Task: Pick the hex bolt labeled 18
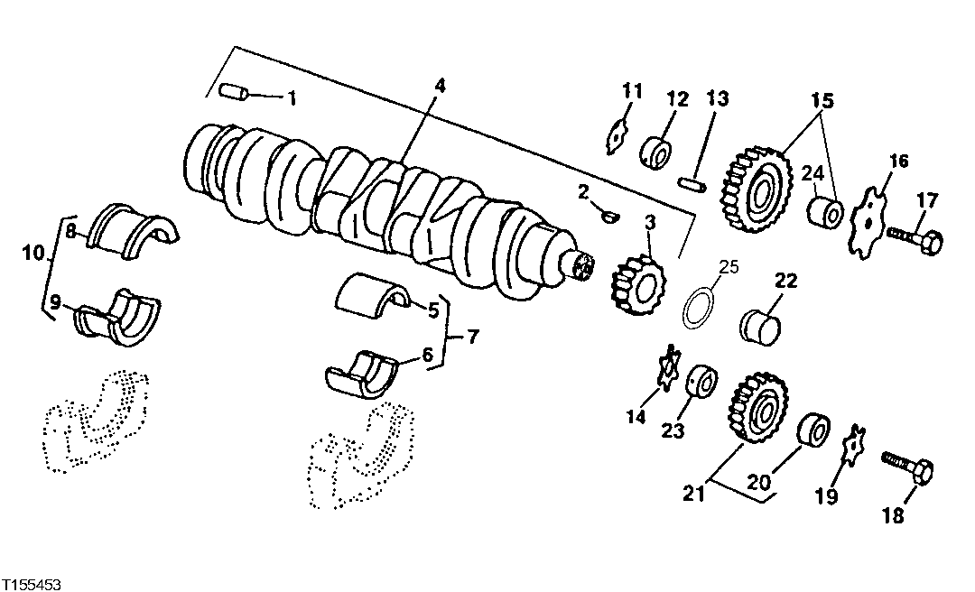tap(907, 469)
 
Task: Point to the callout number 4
tap(440, 85)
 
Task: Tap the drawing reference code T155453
tap(32, 585)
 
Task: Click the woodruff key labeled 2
tap(610, 215)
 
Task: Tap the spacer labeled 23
tap(701, 383)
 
